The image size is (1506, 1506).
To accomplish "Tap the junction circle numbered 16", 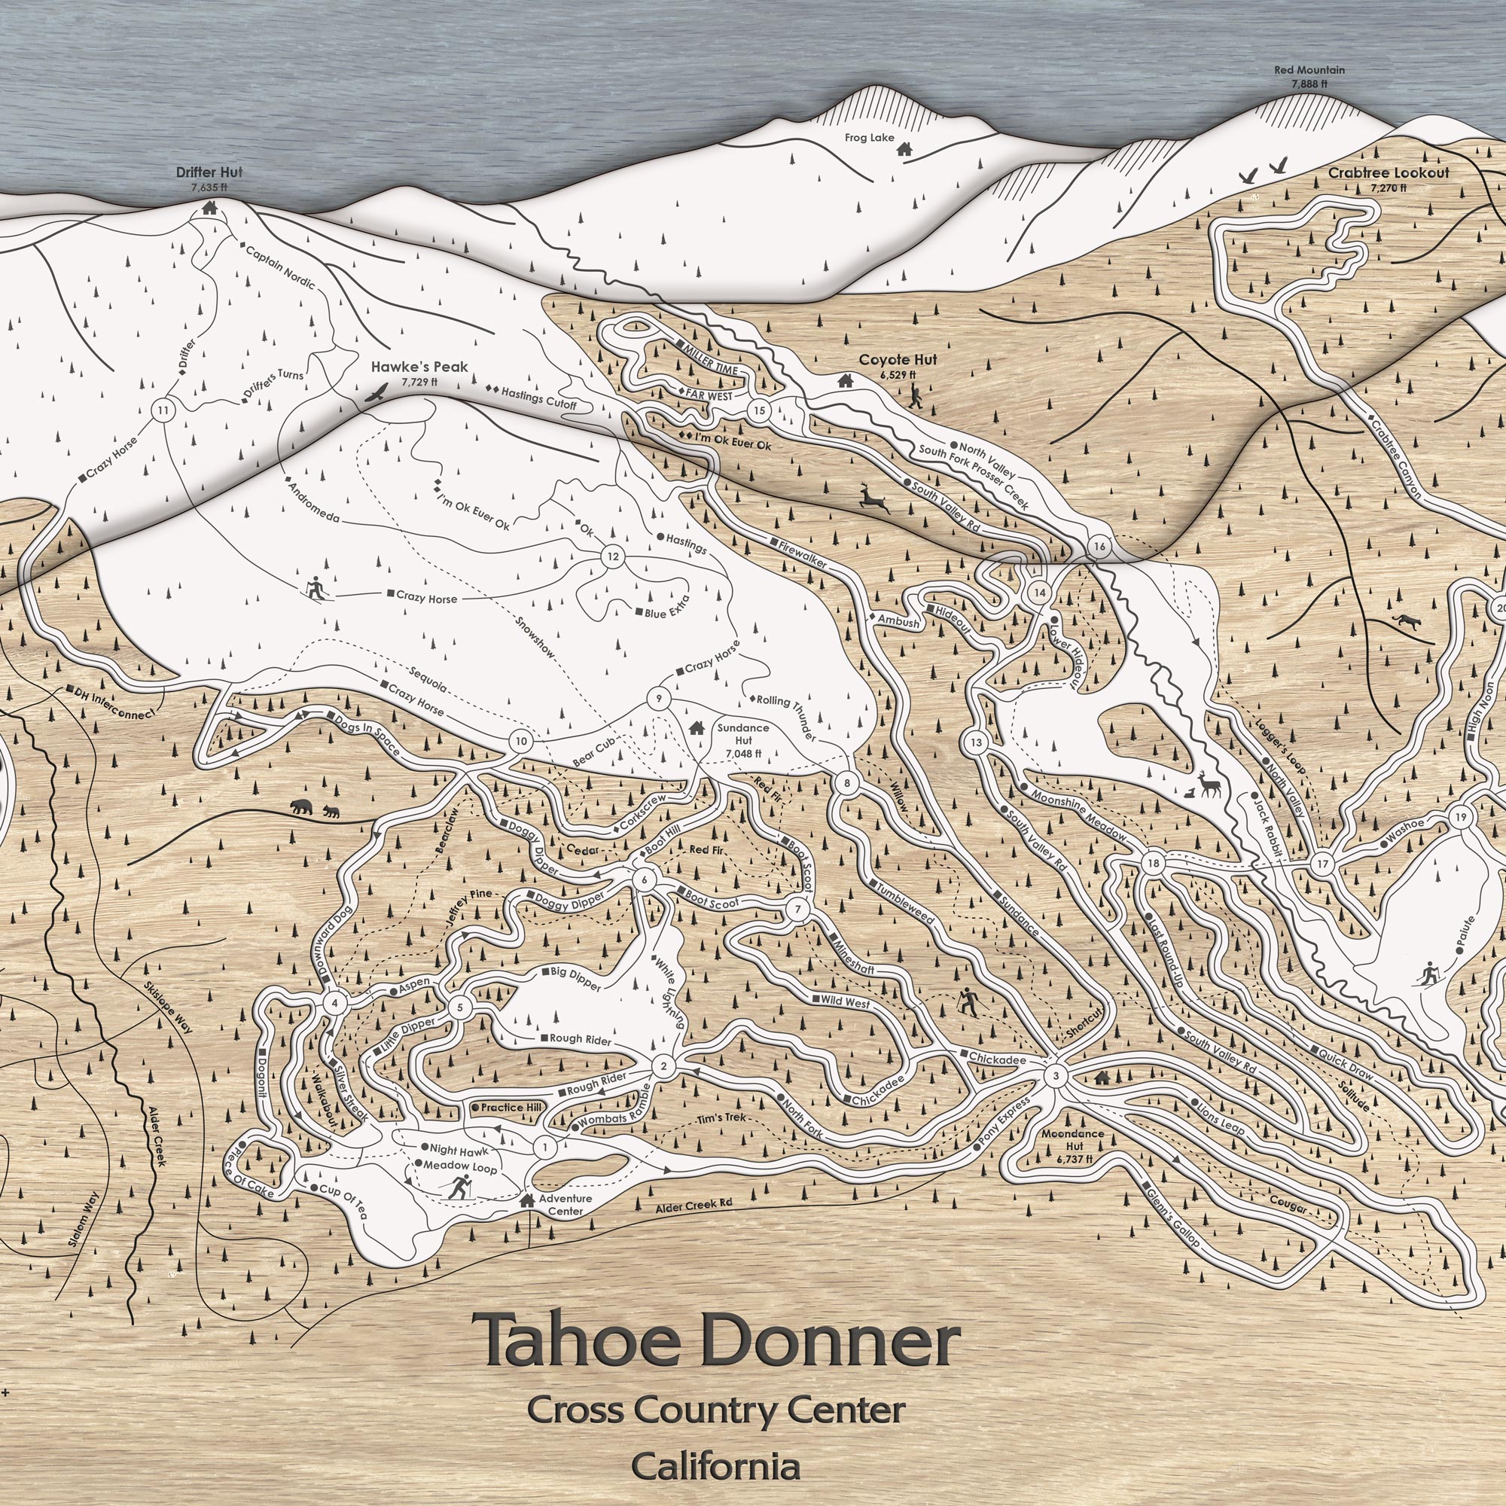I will coord(1099,546).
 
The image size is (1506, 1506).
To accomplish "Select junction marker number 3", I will coord(1056,1078).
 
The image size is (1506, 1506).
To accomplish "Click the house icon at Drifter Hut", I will coord(209,208).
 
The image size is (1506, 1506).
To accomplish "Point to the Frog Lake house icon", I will coord(904,148).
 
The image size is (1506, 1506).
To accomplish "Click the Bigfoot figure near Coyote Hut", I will coord(915,397).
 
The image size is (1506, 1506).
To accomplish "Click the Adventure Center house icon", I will coord(527,1200).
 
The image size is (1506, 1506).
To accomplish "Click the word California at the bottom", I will coord(715,1466).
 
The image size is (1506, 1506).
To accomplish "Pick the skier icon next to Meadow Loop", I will coord(457,1188).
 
